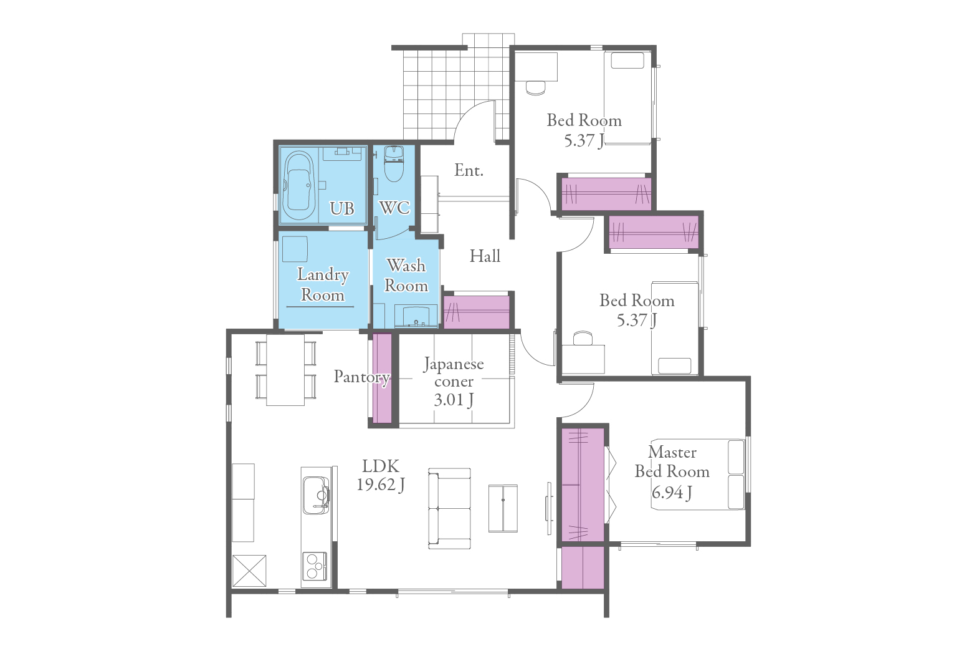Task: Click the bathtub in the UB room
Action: click(x=299, y=186)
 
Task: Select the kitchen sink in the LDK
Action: click(x=316, y=494)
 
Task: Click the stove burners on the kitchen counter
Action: click(x=314, y=566)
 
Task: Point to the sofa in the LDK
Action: click(x=449, y=508)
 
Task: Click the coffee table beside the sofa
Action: click(x=503, y=508)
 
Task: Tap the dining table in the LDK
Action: click(x=285, y=370)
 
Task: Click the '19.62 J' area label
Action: click(x=380, y=485)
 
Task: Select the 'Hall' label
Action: click(x=485, y=256)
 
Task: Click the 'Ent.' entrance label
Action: click(x=469, y=170)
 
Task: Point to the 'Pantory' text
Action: click(x=361, y=377)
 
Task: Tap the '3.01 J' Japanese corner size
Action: click(x=454, y=400)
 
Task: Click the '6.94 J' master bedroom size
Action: click(x=672, y=493)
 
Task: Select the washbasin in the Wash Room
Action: click(x=416, y=316)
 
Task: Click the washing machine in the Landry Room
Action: click(x=295, y=249)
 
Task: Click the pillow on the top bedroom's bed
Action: click(x=627, y=60)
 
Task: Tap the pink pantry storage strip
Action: click(x=383, y=378)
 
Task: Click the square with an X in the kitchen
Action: click(x=249, y=571)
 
